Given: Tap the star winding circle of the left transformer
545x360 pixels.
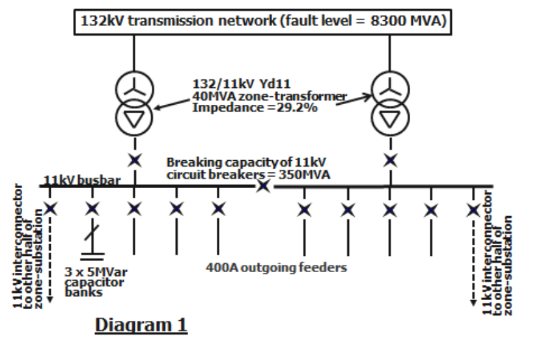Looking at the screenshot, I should tap(134, 89).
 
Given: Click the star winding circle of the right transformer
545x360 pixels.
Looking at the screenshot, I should tap(389, 89).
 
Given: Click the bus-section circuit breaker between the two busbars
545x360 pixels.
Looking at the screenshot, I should tap(262, 186).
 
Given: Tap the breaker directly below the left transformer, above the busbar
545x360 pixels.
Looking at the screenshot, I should tap(134, 159).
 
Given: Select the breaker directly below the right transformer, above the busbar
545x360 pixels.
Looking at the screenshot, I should tap(389, 159).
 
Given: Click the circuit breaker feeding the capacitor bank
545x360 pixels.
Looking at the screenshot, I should tap(92, 209).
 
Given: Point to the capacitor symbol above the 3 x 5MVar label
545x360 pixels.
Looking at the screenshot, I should tap(92, 253).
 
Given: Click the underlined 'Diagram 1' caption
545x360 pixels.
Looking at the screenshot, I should tap(141, 324).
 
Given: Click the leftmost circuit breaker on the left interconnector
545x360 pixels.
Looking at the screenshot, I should tap(50, 209).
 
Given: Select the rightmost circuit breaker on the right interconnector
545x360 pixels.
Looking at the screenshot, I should tap(473, 209).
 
